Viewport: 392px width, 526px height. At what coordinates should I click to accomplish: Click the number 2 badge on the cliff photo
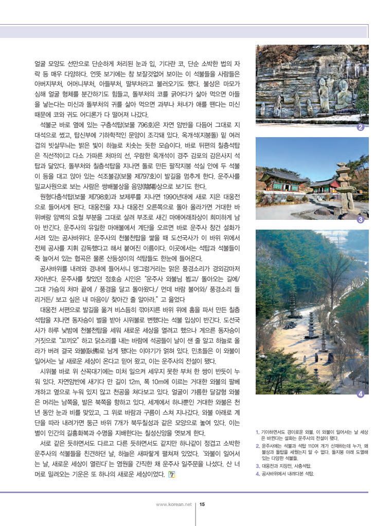click(361, 127)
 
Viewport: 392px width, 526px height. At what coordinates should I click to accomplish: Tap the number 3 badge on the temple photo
click(361, 220)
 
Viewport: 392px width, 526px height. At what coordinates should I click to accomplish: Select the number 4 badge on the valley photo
click(361, 394)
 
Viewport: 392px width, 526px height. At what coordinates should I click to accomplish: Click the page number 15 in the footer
click(202, 504)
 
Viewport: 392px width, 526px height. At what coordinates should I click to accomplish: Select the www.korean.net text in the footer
click(173, 504)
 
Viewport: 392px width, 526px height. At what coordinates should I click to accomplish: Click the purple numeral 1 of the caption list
click(257, 432)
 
